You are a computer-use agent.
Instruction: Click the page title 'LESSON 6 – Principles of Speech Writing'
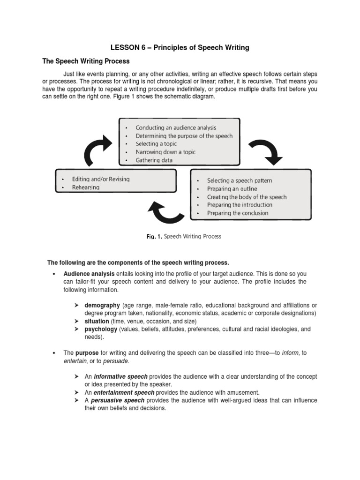pos(180,47)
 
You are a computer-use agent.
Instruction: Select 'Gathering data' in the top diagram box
pos(154,160)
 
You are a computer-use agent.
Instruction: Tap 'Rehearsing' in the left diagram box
pos(86,187)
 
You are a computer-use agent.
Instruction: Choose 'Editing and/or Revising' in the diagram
pos(101,179)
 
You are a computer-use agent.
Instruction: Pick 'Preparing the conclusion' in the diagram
pos(238,213)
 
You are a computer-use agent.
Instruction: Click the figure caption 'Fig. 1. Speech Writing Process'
pos(183,237)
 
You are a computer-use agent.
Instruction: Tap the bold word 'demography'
pos(102,306)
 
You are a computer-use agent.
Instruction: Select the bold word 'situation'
pos(97,321)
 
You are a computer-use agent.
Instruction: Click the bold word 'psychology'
pos(101,329)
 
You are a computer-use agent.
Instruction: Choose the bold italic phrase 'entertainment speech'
pos(124,392)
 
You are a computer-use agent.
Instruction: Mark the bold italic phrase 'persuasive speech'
pos(119,400)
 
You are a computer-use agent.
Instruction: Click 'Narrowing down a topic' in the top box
pos(165,152)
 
